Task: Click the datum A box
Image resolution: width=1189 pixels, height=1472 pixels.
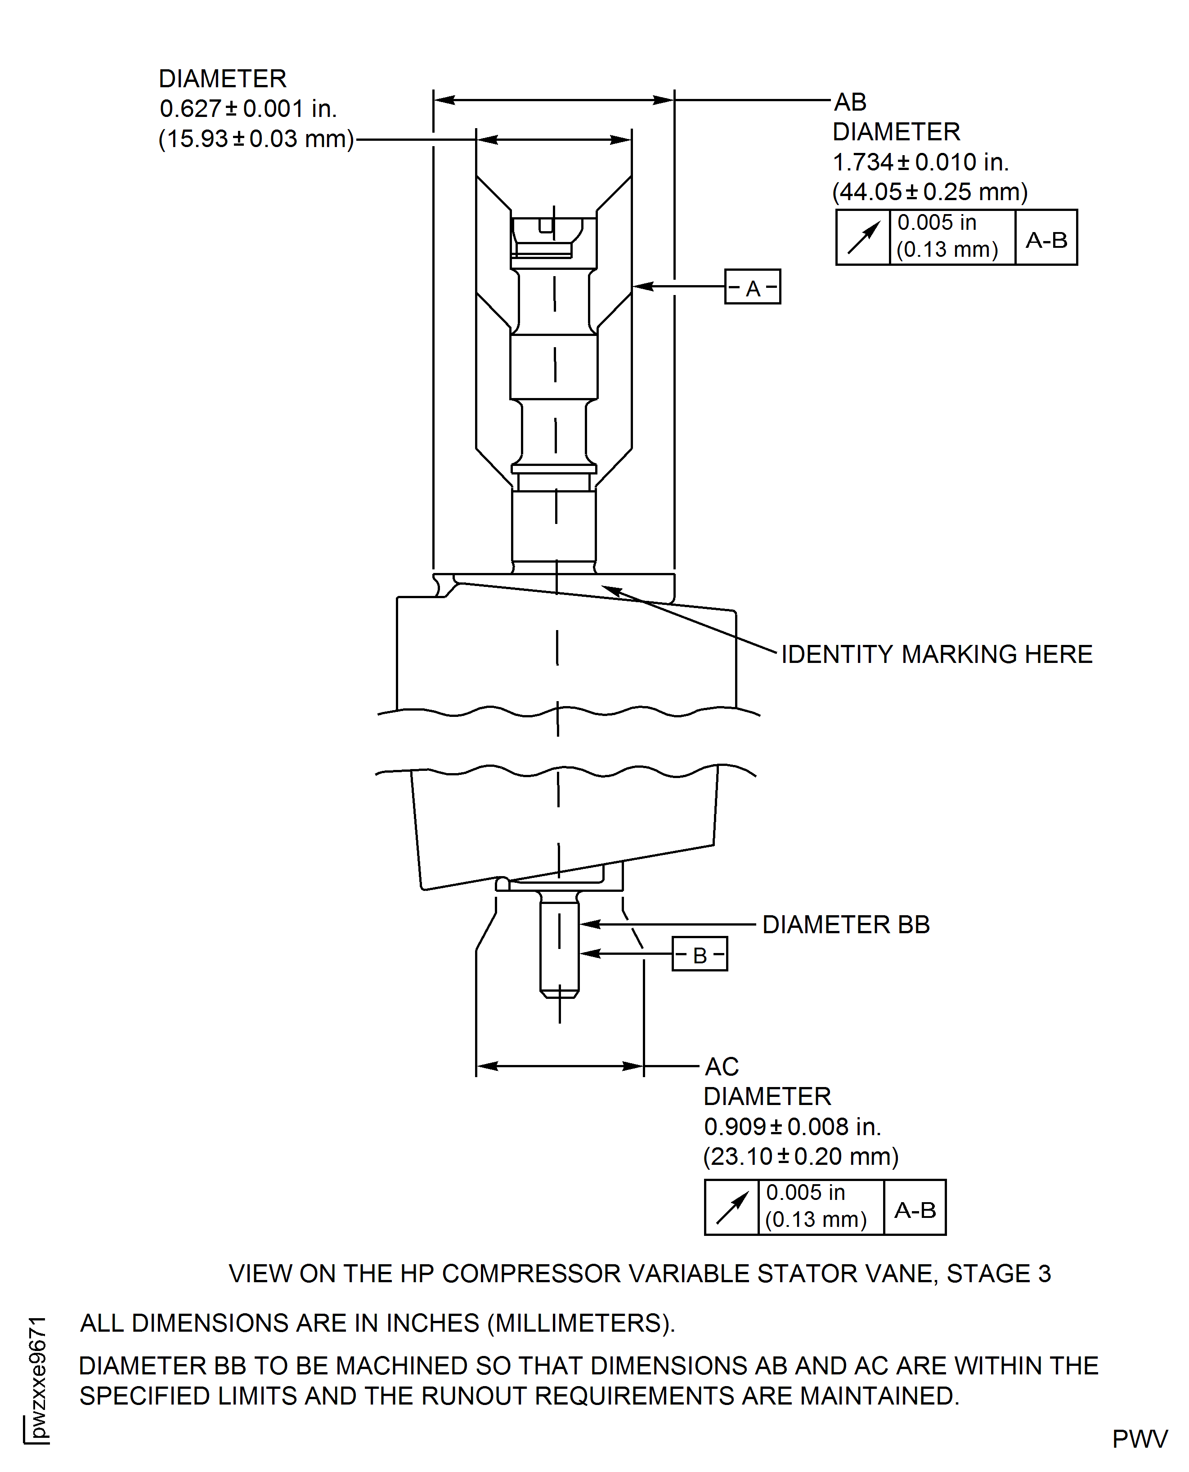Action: [752, 287]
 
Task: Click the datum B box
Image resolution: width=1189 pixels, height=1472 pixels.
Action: [699, 954]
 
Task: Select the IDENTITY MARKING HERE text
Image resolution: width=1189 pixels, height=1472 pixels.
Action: [936, 654]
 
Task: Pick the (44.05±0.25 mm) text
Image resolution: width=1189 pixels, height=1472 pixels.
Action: [929, 192]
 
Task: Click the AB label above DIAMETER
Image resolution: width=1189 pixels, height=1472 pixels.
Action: [850, 102]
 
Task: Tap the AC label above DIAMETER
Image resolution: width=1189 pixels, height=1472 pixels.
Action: [722, 1067]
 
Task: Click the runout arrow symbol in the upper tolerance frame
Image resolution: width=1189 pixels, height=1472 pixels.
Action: [863, 237]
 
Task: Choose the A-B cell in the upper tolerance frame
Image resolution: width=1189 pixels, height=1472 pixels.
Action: [1046, 240]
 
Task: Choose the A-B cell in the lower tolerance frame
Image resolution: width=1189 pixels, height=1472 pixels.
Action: [914, 1210]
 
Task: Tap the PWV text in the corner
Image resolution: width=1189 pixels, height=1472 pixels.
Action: [1140, 1439]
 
